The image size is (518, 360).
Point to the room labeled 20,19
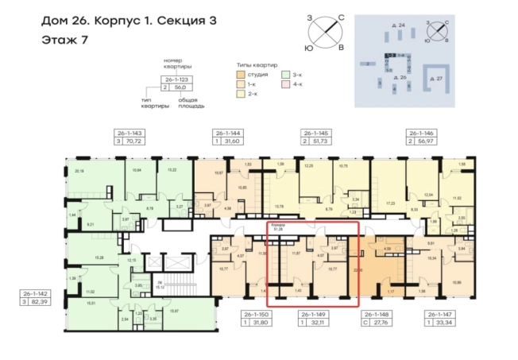(79, 171)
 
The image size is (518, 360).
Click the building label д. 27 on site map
(435, 78)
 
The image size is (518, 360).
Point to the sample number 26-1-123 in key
(178, 79)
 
